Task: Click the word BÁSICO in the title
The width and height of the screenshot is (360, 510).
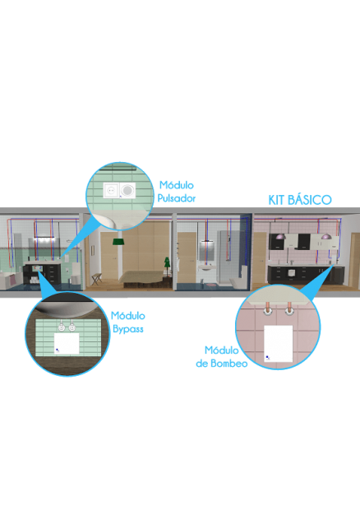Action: click(x=310, y=200)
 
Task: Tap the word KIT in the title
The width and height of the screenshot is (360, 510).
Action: click(x=276, y=200)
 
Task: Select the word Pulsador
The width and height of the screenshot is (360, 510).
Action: click(x=177, y=198)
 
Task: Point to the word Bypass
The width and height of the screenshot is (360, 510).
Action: click(x=128, y=329)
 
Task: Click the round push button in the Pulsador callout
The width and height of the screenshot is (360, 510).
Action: click(x=127, y=190)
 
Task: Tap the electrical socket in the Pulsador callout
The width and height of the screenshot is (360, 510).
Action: click(x=112, y=190)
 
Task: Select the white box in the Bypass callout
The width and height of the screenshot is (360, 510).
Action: click(x=67, y=343)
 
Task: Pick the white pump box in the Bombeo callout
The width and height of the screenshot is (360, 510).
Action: click(x=278, y=344)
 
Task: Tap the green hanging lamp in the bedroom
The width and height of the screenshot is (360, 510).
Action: click(x=119, y=242)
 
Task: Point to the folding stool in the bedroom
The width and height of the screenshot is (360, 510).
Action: click(x=96, y=279)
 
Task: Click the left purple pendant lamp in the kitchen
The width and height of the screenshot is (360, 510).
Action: click(x=279, y=236)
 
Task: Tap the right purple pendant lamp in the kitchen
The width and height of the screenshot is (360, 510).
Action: click(x=325, y=236)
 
